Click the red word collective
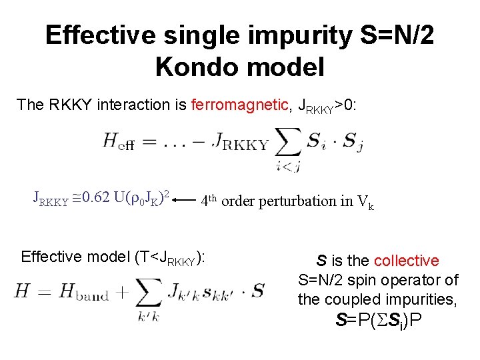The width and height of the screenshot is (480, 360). tap(407, 261)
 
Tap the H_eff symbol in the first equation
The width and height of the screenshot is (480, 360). tap(118, 142)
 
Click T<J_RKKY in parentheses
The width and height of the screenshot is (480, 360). tap(171, 257)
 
